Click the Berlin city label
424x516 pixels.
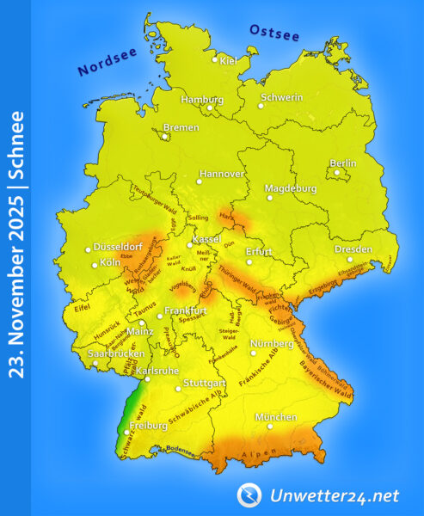[x=343, y=163]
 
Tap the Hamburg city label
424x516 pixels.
[x=202, y=99]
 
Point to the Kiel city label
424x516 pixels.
[x=228, y=61]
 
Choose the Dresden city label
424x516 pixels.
[x=353, y=249]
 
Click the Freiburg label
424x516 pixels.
[x=148, y=425]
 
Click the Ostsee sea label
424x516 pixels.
[x=274, y=33]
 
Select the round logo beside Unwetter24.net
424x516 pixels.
[x=249, y=494]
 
